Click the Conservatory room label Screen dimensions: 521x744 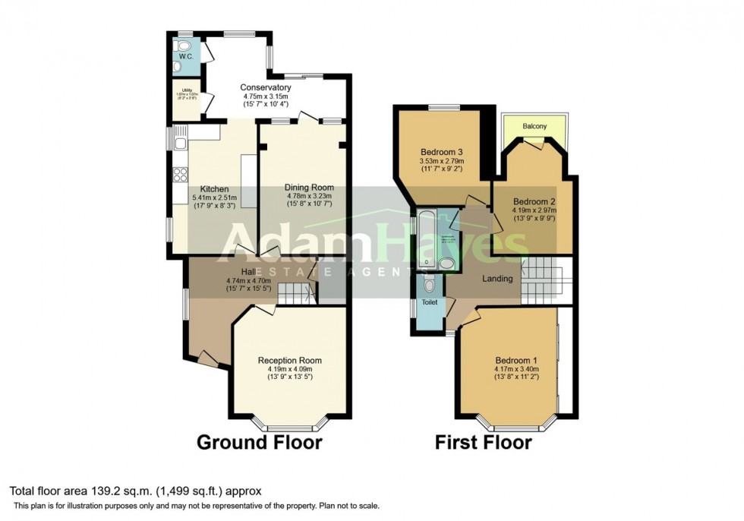pyautogui.click(x=266, y=87)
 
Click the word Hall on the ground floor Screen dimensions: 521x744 pyautogui.click(x=247, y=272)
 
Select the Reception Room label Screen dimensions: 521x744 pyautogui.click(x=289, y=360)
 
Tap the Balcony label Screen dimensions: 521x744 pyautogui.click(x=534, y=127)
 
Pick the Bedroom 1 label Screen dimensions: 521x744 pyautogui.click(x=516, y=360)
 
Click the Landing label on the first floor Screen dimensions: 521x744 pyautogui.click(x=498, y=279)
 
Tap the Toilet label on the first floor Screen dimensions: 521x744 pyautogui.click(x=430, y=302)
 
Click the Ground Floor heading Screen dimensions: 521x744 pyautogui.click(x=260, y=443)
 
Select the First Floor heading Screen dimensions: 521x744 pyautogui.click(x=483, y=443)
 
